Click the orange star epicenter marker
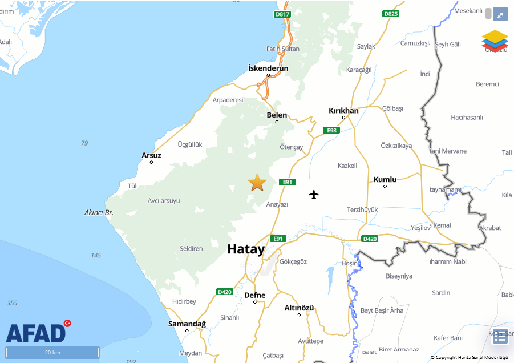pyautogui.click(x=257, y=183)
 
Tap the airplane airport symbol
pyautogui.click(x=314, y=195)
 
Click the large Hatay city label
pyautogui.click(x=246, y=249)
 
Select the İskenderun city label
pyautogui.click(x=268, y=68)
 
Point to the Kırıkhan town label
pyautogui.click(x=343, y=111)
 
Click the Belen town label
pyautogui.click(x=277, y=115)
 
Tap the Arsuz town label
pyautogui.click(x=151, y=155)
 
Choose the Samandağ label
pyautogui.click(x=187, y=324)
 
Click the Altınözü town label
pyautogui.click(x=299, y=308)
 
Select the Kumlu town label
pyautogui.click(x=385, y=180)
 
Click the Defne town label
pyautogui.click(x=255, y=295)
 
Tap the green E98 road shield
pyautogui.click(x=331, y=131)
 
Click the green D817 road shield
pyautogui.click(x=282, y=14)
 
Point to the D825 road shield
pyautogui.click(x=391, y=14)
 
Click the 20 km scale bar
pyautogui.click(x=52, y=352)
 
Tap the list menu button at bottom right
pyautogui.click(x=500, y=336)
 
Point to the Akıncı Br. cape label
pyautogui.click(x=99, y=213)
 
